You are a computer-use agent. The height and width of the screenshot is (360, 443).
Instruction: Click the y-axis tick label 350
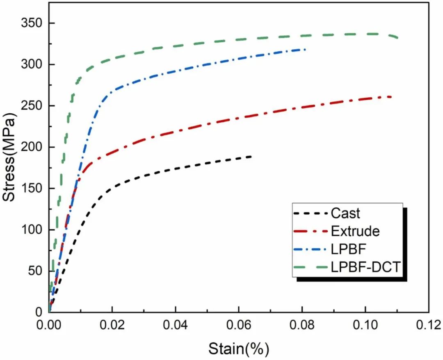pyautogui.click(x=31, y=23)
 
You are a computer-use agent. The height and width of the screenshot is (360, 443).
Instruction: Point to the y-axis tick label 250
pyautogui.click(x=31, y=106)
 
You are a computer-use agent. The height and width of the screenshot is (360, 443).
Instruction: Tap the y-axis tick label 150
pyautogui.click(x=31, y=188)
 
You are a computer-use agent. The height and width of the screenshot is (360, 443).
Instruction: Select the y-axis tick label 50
pyautogui.click(x=34, y=271)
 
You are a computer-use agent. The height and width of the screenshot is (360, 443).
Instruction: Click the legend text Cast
pyautogui.click(x=345, y=213)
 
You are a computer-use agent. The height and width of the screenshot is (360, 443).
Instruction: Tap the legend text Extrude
pyautogui.click(x=355, y=232)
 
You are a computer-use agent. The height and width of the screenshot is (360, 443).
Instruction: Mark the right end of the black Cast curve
pyautogui.click(x=251, y=156)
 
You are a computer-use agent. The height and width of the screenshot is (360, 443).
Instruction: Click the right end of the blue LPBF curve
pyautogui.click(x=305, y=49)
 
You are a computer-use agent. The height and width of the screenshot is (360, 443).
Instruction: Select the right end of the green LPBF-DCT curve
pyautogui.click(x=397, y=38)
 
